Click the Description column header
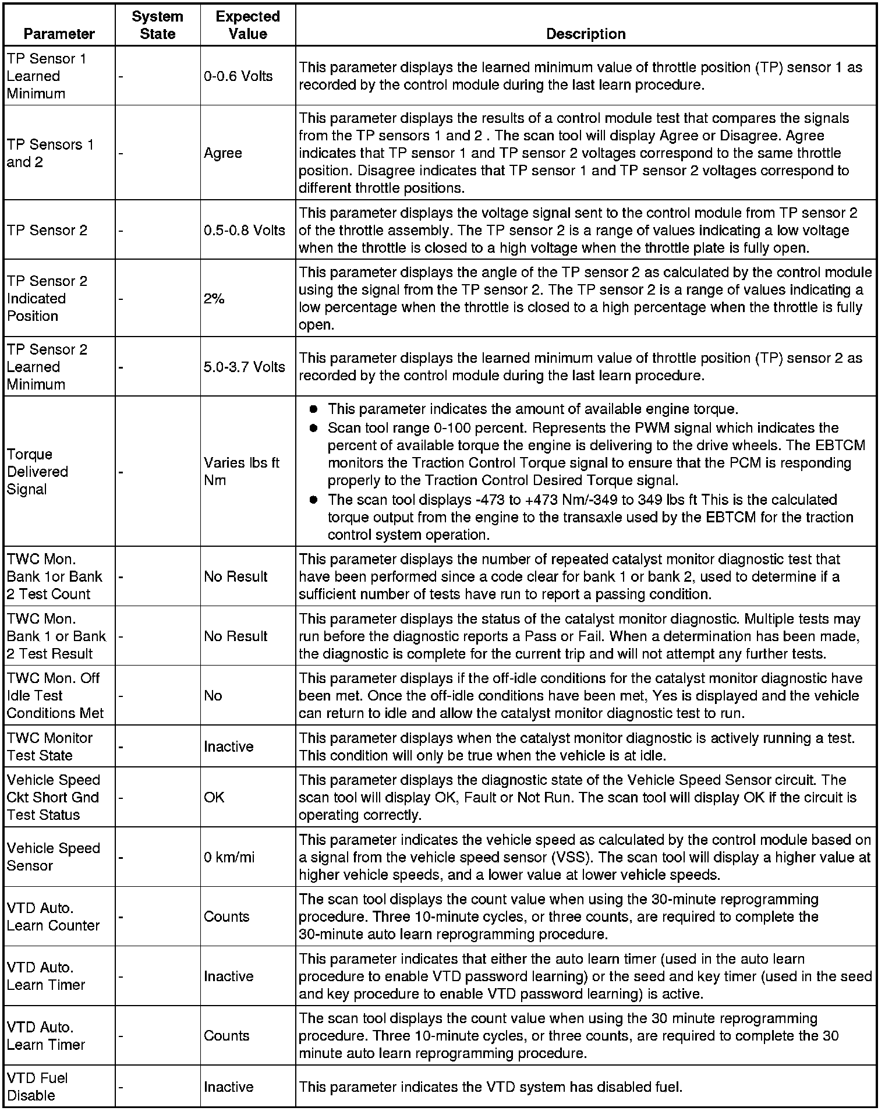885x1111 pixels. [x=586, y=34]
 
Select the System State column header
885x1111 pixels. [x=157, y=25]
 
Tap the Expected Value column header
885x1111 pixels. [x=247, y=25]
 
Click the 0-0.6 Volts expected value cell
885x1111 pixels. [x=238, y=76]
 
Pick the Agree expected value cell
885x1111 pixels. [x=223, y=153]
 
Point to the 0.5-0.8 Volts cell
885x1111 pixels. [x=245, y=231]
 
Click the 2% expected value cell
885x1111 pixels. [x=214, y=299]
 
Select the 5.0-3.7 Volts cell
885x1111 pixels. [x=245, y=367]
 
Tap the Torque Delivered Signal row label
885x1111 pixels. [x=37, y=472]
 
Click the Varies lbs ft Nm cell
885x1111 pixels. [x=242, y=472]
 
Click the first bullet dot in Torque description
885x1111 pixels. [x=313, y=409]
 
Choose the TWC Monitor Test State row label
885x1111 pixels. [x=49, y=746]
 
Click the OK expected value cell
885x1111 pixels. [x=214, y=798]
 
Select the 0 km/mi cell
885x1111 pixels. [x=229, y=858]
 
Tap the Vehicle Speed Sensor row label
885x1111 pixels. [x=54, y=857]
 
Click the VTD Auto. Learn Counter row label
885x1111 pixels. [x=53, y=917]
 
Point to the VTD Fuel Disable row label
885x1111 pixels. [x=37, y=1087]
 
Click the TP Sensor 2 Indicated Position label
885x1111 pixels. [x=47, y=299]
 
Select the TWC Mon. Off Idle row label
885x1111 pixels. [x=55, y=696]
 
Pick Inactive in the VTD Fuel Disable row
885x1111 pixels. [x=229, y=1087]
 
